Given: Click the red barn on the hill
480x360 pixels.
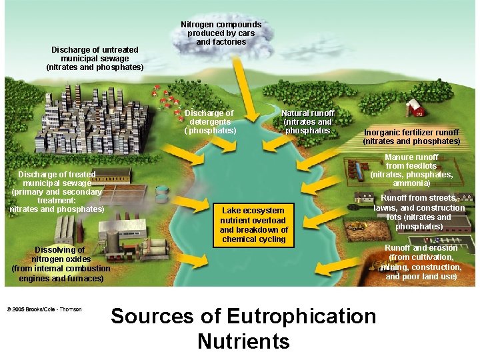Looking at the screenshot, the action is pyautogui.click(x=415, y=107).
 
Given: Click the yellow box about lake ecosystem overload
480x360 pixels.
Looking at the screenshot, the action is pyautogui.click(x=253, y=225).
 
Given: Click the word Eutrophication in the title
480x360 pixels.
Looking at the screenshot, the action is pyautogui.click(x=301, y=316).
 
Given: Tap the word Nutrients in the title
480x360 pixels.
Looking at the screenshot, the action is pyautogui.click(x=243, y=341).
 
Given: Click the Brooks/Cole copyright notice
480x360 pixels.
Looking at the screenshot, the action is pyautogui.click(x=44, y=309).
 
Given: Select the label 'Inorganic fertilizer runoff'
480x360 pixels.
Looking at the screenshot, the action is pyautogui.click(x=411, y=137).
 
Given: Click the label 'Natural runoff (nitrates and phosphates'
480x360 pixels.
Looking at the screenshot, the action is pyautogui.click(x=307, y=122).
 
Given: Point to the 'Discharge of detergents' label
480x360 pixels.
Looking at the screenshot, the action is pyautogui.click(x=210, y=122).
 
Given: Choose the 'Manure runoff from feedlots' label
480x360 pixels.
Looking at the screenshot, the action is pyautogui.click(x=411, y=170).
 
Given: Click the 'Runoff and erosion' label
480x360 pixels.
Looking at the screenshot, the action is pyautogui.click(x=421, y=262).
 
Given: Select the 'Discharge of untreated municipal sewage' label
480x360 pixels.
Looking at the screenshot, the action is pyautogui.click(x=95, y=59).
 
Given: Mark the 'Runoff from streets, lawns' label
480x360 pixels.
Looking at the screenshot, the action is pyautogui.click(x=419, y=212).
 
